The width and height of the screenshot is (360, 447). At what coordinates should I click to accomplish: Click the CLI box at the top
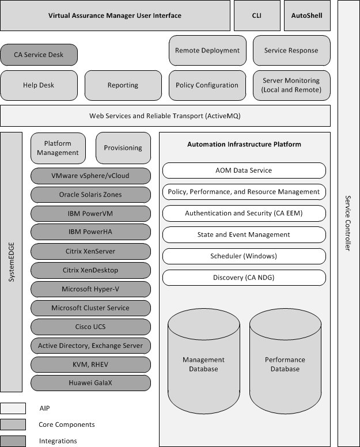(x=256, y=16)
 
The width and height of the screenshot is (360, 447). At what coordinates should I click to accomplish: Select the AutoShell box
(x=308, y=16)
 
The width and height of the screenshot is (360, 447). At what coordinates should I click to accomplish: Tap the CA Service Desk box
(x=39, y=55)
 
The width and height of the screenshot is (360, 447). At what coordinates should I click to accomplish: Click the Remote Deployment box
(x=207, y=51)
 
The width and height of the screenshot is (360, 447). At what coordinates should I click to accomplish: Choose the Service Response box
(x=291, y=51)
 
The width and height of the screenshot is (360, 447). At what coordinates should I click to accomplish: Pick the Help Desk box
(x=39, y=85)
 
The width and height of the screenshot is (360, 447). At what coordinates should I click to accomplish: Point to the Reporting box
(x=123, y=85)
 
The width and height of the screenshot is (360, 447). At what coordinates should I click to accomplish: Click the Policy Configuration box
(x=207, y=85)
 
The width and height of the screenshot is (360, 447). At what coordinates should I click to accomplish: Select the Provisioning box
(x=123, y=148)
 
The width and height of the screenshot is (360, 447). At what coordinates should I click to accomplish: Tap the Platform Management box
(x=58, y=148)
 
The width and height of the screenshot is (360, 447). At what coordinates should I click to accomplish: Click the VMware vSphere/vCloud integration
(x=90, y=176)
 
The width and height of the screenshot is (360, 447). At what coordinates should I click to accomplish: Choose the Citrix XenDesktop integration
(x=90, y=270)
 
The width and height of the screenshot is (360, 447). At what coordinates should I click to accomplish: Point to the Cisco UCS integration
(x=90, y=327)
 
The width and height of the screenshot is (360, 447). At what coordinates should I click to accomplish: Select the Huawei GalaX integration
(x=90, y=383)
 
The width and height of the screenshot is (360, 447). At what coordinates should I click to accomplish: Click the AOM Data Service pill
(x=244, y=171)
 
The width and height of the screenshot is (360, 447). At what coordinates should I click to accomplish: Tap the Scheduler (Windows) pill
(x=244, y=256)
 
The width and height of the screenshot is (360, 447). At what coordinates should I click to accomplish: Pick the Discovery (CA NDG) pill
(x=244, y=278)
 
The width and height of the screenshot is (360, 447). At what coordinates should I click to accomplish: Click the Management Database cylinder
(x=204, y=360)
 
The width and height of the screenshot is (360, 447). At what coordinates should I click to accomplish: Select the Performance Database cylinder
(x=285, y=360)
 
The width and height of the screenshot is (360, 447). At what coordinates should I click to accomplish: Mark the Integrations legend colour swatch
(x=13, y=441)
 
